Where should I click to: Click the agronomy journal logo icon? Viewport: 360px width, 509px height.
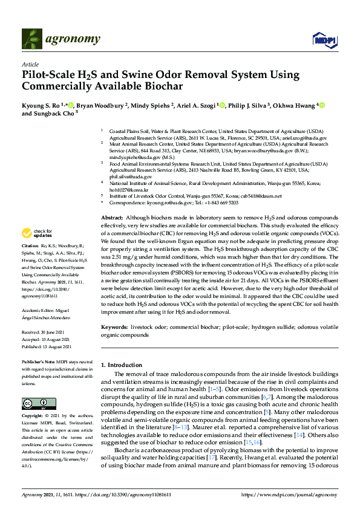coord(31,40)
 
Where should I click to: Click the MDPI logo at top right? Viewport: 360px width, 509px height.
coord(323,41)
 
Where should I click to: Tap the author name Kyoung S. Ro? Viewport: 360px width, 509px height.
coord(42,105)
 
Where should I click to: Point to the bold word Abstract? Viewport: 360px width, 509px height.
coord(111,217)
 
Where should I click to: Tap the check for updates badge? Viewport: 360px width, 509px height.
coord(38,232)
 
